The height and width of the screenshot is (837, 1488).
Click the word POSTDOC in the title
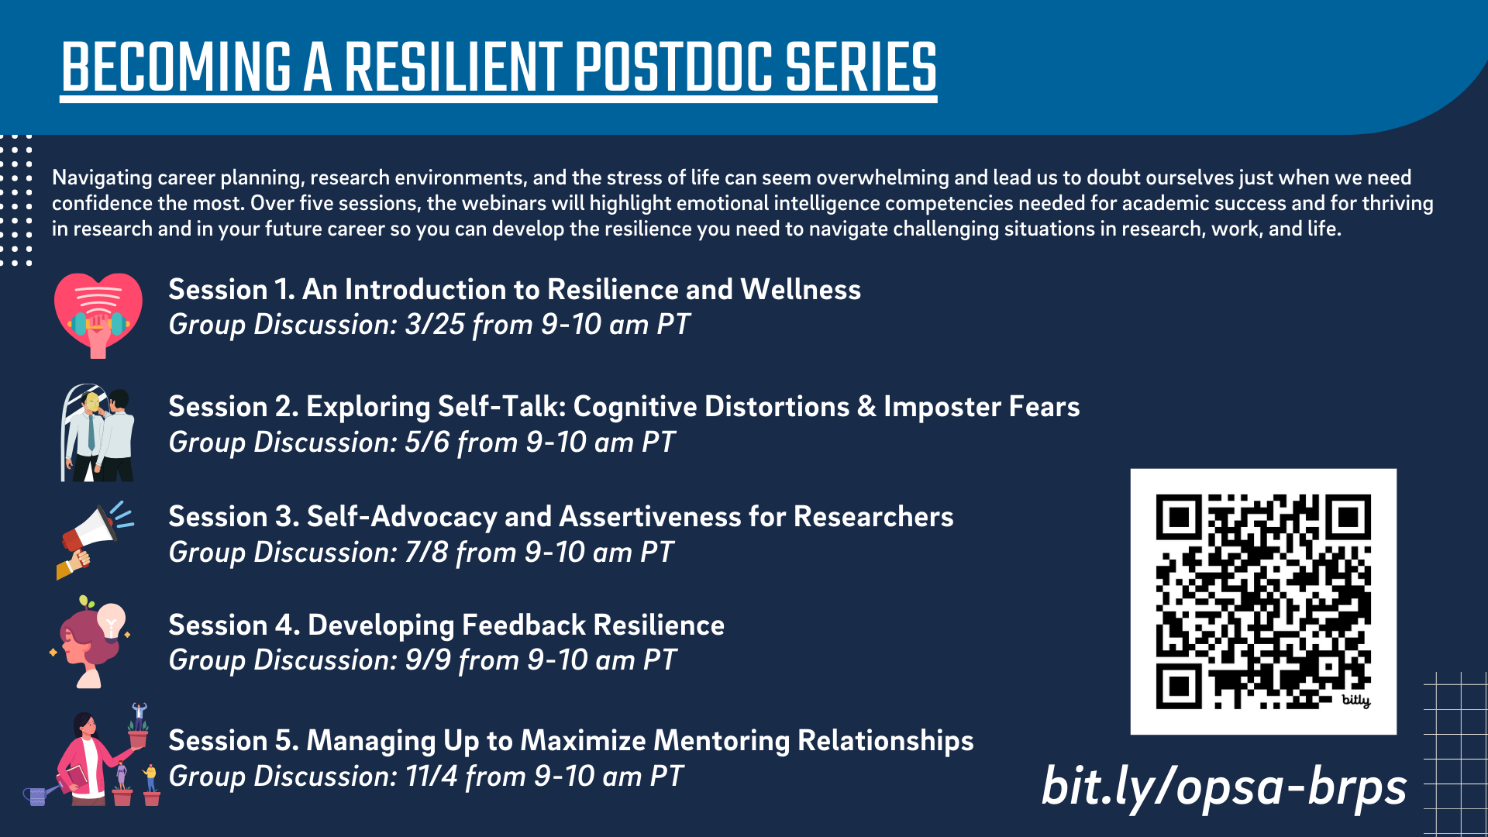click(673, 67)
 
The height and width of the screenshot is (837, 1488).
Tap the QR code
click(1263, 601)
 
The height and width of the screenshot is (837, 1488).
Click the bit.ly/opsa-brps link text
click(1224, 787)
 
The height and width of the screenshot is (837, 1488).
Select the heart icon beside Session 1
click(98, 315)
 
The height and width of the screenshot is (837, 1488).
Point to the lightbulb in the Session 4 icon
click(111, 621)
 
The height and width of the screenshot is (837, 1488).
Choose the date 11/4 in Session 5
click(432, 777)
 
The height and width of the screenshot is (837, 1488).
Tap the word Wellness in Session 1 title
click(801, 290)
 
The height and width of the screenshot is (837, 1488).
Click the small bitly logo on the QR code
click(1356, 701)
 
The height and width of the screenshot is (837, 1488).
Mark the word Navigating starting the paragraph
click(102, 178)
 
